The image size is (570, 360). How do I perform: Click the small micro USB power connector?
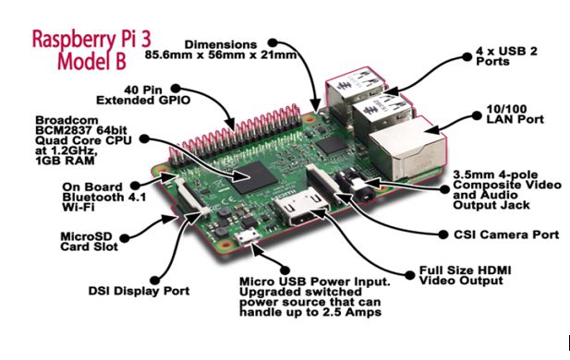click(x=246, y=238)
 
